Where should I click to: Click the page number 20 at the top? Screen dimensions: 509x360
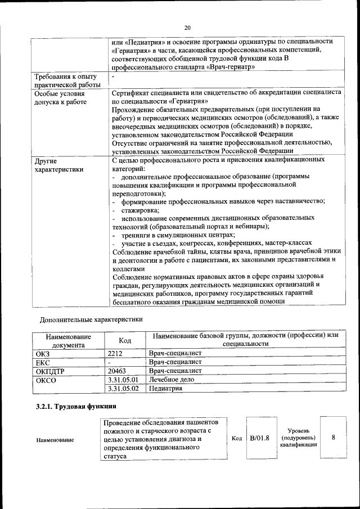click(x=187, y=28)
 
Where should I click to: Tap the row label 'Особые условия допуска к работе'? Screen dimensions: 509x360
click(x=61, y=97)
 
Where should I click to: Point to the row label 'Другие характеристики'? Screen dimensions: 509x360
click(x=59, y=164)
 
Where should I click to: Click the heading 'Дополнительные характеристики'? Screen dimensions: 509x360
click(x=91, y=319)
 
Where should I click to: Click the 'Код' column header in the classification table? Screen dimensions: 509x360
click(x=125, y=340)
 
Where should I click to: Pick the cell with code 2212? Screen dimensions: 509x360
click(x=115, y=353)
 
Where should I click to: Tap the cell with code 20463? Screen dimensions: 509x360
click(x=117, y=371)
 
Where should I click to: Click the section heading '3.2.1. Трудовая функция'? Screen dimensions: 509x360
click(x=75, y=406)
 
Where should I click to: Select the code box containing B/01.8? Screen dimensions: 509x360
click(x=259, y=438)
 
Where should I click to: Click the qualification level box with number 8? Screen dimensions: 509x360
click(x=334, y=438)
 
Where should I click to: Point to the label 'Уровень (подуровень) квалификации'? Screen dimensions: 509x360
click(x=298, y=438)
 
